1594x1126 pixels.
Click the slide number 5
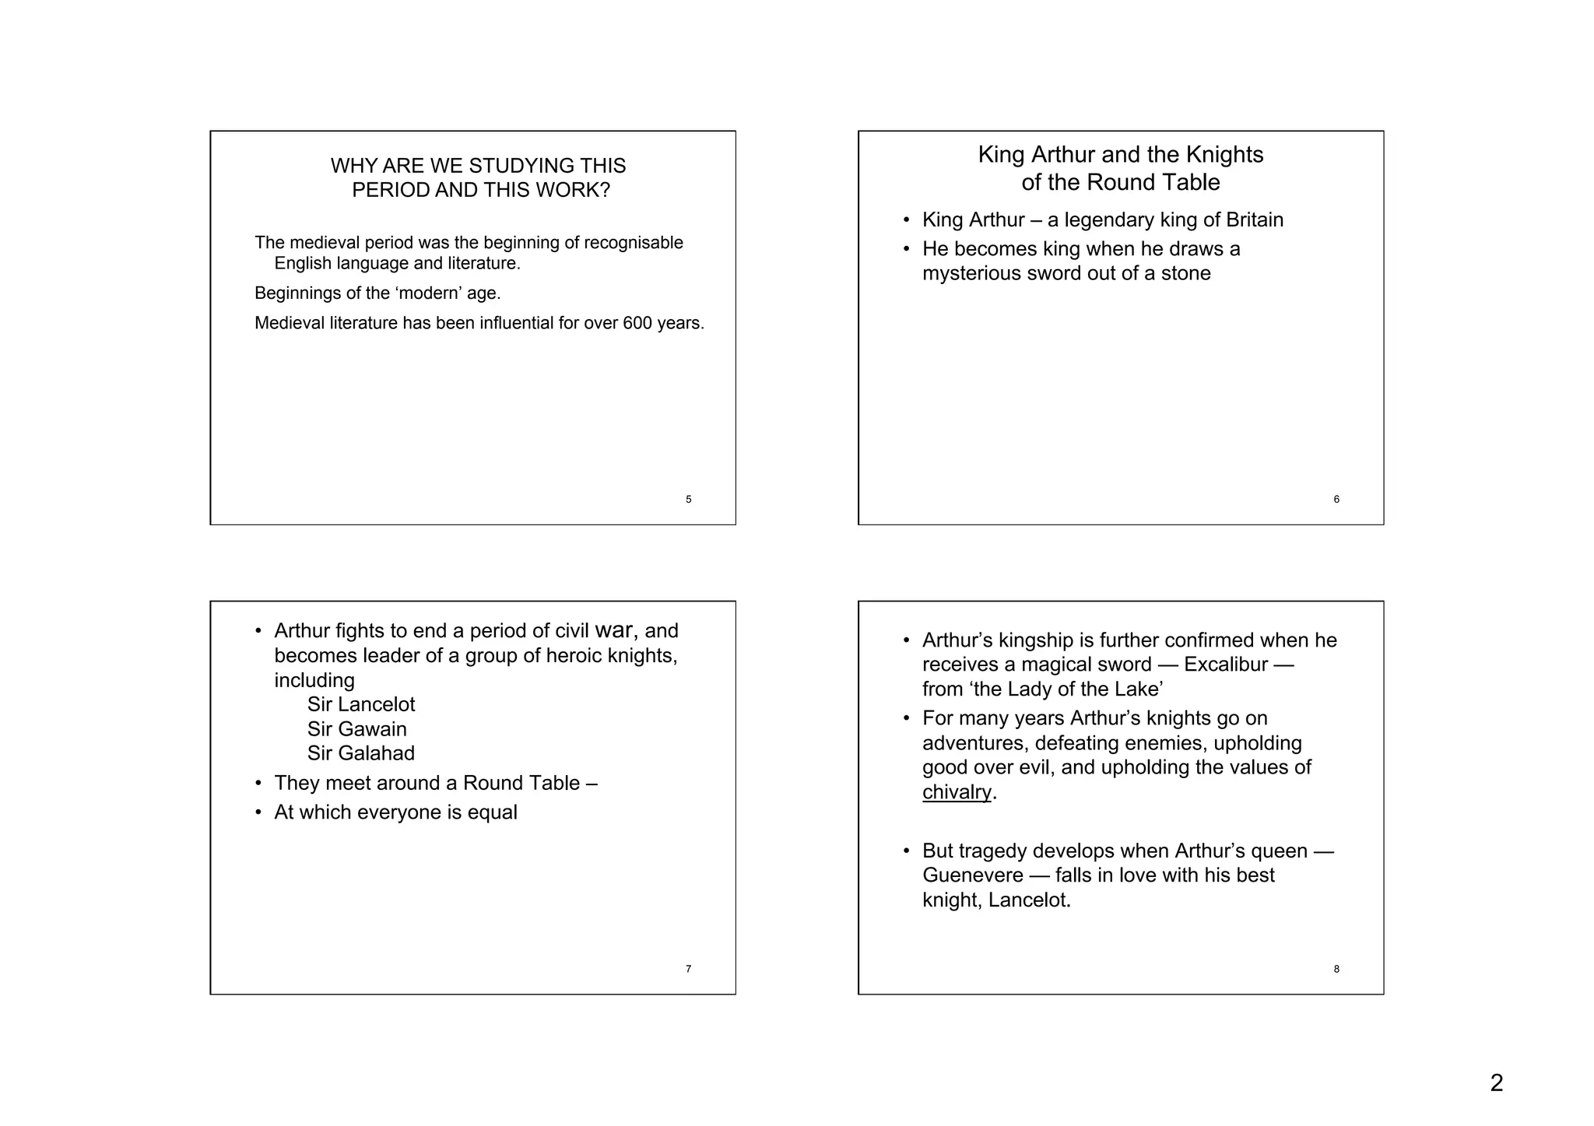click(688, 500)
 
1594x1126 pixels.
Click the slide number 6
click(1336, 500)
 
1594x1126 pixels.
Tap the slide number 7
click(688, 969)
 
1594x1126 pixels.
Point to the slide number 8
click(1336, 969)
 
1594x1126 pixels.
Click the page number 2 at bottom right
click(1496, 1082)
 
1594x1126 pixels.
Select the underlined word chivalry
click(957, 792)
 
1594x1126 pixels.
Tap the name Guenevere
click(972, 875)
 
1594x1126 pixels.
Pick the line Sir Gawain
click(356, 729)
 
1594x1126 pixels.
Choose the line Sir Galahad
click(360, 753)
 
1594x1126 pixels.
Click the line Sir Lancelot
click(360, 704)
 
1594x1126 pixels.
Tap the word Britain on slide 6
click(1254, 220)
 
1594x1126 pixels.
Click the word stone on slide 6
click(1185, 274)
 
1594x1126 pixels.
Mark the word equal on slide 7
click(492, 812)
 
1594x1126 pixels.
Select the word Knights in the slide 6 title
click(1224, 155)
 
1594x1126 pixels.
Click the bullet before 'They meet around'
click(258, 783)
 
